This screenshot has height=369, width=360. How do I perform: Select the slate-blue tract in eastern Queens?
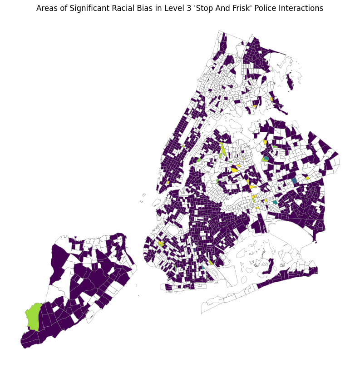pos(295,180)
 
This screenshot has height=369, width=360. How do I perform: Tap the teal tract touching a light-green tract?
pos(266,158)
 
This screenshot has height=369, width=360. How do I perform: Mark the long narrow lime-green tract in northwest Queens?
pos(222,150)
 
